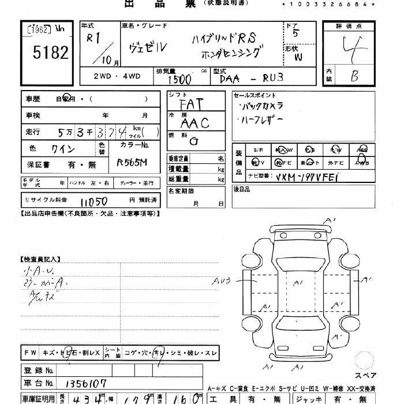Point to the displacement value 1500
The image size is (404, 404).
coord(180,79)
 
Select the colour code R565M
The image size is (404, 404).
coord(132,163)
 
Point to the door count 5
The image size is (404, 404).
coord(296,33)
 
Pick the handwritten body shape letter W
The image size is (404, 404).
coord(298,57)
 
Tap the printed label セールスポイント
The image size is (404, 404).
coord(255,95)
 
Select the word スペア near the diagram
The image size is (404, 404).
coord(365,376)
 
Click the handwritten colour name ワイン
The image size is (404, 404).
coord(63,149)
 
